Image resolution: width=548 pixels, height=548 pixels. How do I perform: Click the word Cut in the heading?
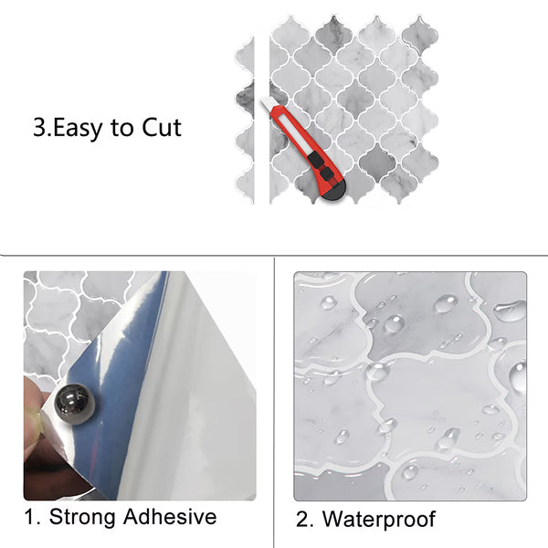point(162,127)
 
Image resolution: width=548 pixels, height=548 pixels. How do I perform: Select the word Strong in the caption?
point(82,517)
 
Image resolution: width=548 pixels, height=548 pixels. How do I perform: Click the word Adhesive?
point(170,516)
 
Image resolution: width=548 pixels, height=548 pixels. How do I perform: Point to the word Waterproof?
point(379,520)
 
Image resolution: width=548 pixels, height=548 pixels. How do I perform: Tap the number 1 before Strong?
point(30,517)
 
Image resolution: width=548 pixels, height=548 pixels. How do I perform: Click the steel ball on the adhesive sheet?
point(75,404)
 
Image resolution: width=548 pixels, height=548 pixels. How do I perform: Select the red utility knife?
point(304,148)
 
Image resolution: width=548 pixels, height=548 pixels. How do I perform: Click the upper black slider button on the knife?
point(316,159)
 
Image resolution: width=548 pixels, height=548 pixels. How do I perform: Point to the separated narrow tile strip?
point(245,121)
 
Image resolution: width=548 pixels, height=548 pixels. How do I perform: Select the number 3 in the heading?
point(39,127)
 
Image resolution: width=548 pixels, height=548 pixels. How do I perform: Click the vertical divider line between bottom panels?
point(274,402)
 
